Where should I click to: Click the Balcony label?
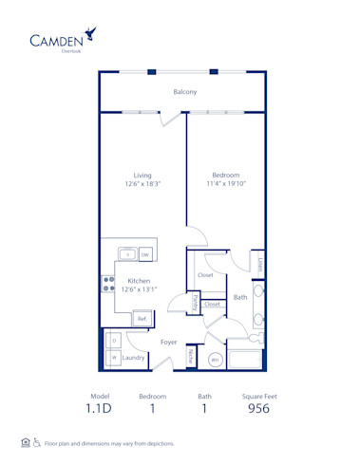(184, 92)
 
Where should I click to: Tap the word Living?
(142, 175)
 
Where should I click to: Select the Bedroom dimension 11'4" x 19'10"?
(225, 183)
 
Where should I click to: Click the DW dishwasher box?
(145, 254)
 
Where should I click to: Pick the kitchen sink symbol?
(127, 254)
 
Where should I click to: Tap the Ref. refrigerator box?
(142, 319)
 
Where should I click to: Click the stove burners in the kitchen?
(107, 286)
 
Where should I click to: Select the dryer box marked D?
(113, 339)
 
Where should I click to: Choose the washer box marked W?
(113, 358)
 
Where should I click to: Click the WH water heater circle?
(215, 360)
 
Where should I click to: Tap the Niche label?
(191, 357)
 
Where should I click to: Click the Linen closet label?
(258, 262)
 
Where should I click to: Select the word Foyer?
(169, 342)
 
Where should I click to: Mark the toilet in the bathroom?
(256, 335)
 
